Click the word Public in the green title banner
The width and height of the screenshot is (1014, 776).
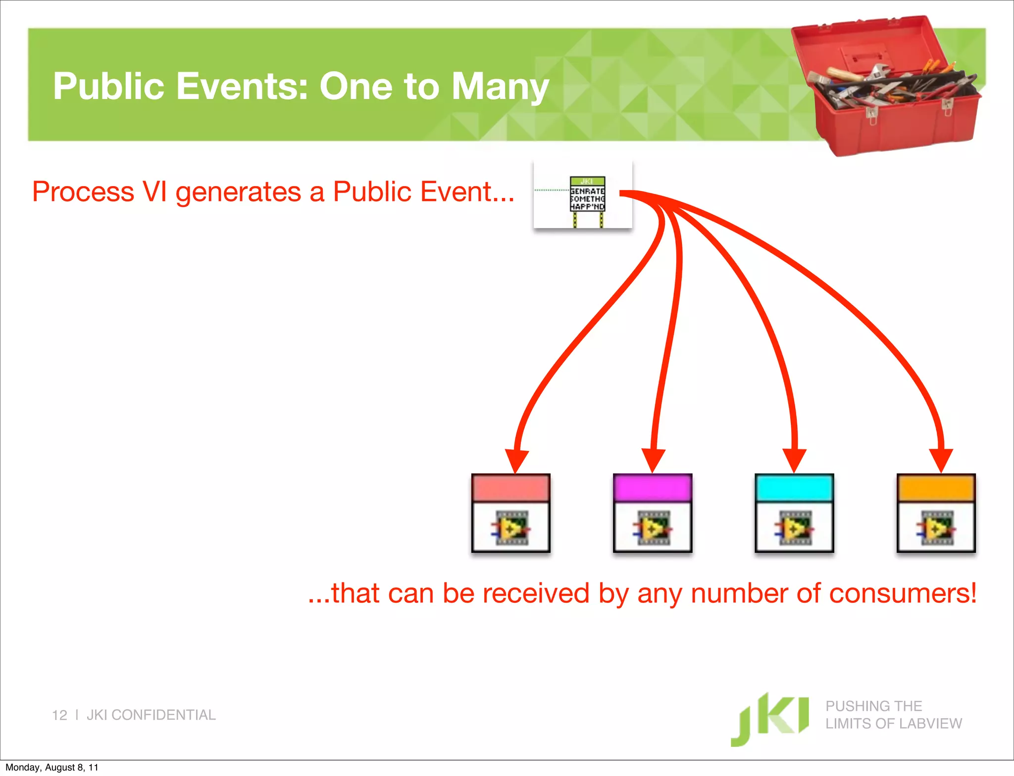pyautogui.click(x=108, y=86)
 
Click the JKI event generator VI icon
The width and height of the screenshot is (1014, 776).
pyautogui.click(x=587, y=194)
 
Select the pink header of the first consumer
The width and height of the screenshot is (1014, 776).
pyautogui.click(x=511, y=488)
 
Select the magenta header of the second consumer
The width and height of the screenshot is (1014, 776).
pyautogui.click(x=652, y=488)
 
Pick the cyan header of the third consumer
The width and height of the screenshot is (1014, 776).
pyautogui.click(x=794, y=488)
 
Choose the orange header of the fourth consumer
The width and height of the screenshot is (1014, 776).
pyautogui.click(x=936, y=488)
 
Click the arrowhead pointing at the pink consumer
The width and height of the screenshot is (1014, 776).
pyautogui.click(x=516, y=461)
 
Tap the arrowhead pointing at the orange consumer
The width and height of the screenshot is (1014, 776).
pyautogui.click(x=941, y=460)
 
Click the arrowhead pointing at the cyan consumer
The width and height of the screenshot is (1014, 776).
pyautogui.click(x=794, y=460)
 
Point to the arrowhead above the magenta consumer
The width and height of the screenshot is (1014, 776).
pyautogui.click(x=654, y=460)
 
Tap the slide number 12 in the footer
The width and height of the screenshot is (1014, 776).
pyautogui.click(x=59, y=715)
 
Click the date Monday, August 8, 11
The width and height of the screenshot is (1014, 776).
pyautogui.click(x=51, y=768)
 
